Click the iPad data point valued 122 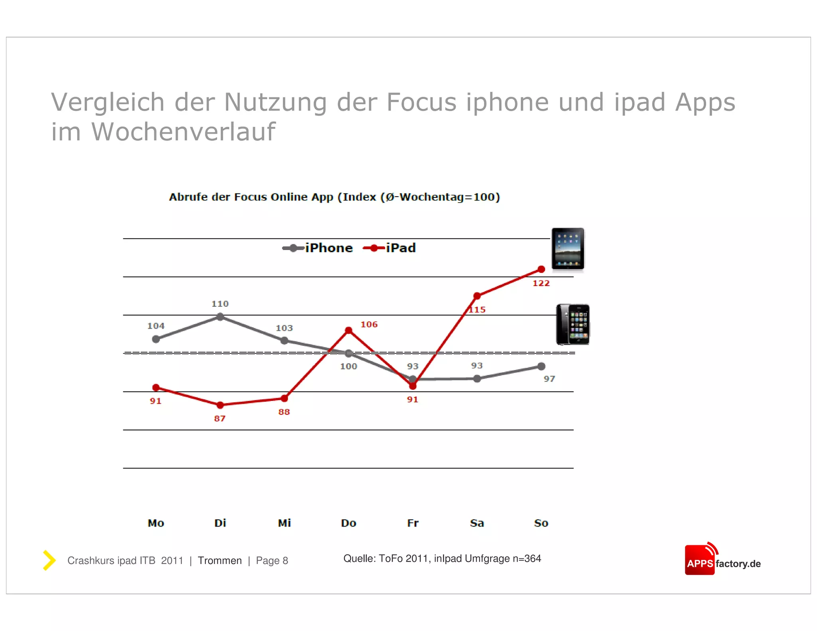tap(541, 269)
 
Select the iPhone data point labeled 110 tap(220, 317)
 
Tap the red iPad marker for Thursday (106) tap(349, 330)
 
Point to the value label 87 tap(220, 418)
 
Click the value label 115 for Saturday tap(477, 310)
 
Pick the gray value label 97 tap(549, 379)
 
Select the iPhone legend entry tap(318, 248)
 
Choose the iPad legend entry tap(390, 248)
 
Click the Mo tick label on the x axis tap(156, 523)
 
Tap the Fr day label tap(412, 523)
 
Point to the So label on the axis tap(541, 523)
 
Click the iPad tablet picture tap(568, 249)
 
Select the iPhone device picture tap(573, 325)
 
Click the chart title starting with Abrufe tap(334, 197)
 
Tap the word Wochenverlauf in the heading tap(184, 132)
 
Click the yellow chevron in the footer tap(49, 560)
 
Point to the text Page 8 tap(272, 560)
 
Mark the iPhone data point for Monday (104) tap(156, 339)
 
